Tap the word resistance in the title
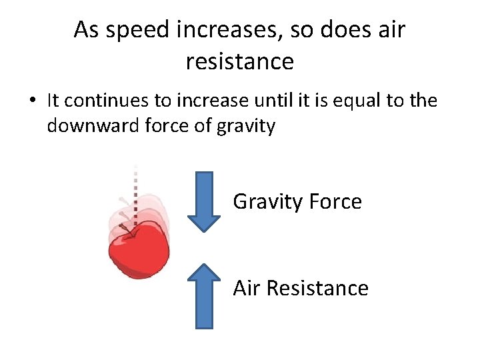coord(239,61)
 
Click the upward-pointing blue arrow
coord(203,295)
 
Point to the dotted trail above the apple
coord(135,187)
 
